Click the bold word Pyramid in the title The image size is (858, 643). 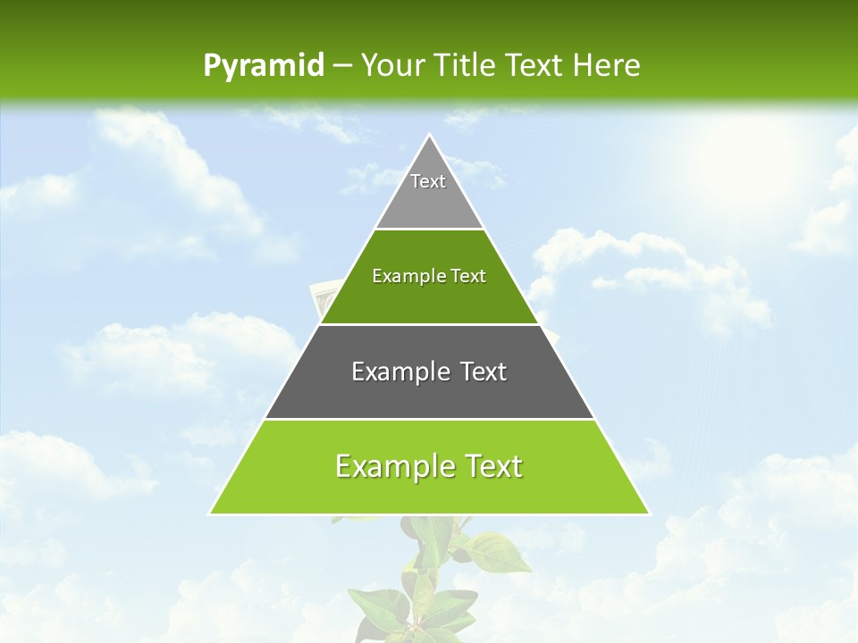(x=263, y=65)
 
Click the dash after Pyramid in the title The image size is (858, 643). (x=341, y=66)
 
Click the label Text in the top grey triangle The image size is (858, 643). (x=428, y=181)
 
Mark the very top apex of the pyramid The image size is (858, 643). (x=429, y=136)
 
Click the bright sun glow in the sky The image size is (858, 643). (x=742, y=156)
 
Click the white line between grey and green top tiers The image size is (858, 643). (x=429, y=229)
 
